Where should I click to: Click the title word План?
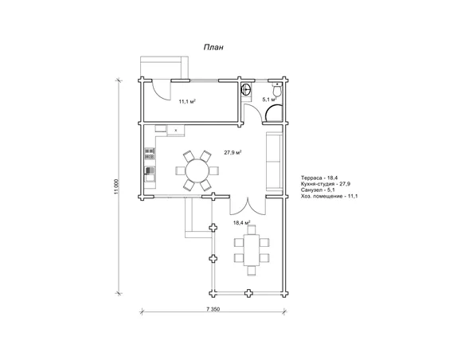(x=213, y=48)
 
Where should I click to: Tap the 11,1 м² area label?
(x=187, y=101)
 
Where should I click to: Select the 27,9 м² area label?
(x=232, y=153)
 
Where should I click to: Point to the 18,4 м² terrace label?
(x=242, y=222)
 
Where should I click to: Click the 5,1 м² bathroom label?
(x=269, y=100)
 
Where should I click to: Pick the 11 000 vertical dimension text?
(x=116, y=187)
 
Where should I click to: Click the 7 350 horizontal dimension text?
(x=213, y=309)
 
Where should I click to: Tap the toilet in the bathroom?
(x=277, y=89)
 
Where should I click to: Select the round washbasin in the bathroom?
(x=246, y=89)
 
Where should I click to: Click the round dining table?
(x=197, y=170)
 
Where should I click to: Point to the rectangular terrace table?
(x=252, y=250)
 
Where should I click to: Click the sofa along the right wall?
(x=274, y=162)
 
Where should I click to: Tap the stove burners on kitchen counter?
(x=150, y=154)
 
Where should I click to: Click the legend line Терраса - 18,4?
(x=315, y=178)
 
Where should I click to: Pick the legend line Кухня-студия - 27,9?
(x=326, y=184)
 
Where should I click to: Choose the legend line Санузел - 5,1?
(x=318, y=190)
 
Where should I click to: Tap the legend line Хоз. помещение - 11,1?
(x=329, y=196)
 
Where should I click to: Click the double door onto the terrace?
(x=248, y=205)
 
